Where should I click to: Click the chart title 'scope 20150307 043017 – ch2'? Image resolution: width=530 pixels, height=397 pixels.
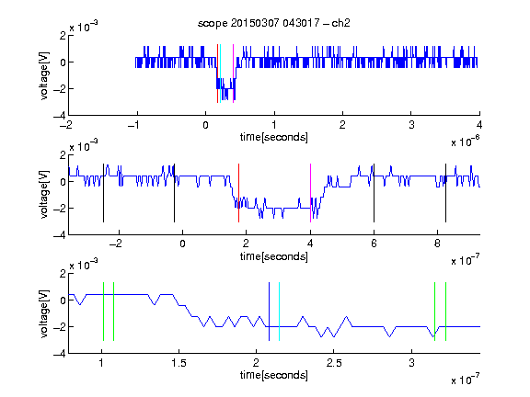pyautogui.click(x=274, y=23)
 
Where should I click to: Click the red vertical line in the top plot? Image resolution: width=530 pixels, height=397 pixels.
pyautogui.click(x=217, y=74)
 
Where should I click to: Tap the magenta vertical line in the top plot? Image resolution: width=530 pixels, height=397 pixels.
pyautogui.click(x=233, y=74)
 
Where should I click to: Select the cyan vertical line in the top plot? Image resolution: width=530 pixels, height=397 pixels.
pyautogui.click(x=220, y=74)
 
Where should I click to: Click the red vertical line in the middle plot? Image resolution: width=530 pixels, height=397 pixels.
pyautogui.click(x=238, y=193)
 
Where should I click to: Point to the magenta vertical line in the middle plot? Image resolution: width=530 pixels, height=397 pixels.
pyautogui.click(x=310, y=193)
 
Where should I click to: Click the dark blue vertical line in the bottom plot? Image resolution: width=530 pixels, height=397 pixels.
pyautogui.click(x=269, y=312)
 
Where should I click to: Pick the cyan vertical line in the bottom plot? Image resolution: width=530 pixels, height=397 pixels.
pyautogui.click(x=279, y=312)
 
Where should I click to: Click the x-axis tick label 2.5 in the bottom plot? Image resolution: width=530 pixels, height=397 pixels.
pyautogui.click(x=334, y=363)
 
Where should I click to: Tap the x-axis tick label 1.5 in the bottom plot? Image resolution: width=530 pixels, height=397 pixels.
pyautogui.click(x=179, y=363)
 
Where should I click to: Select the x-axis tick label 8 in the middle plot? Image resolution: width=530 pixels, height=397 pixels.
pyautogui.click(x=437, y=244)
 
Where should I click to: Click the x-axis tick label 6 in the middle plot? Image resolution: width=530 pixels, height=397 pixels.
pyautogui.click(x=374, y=244)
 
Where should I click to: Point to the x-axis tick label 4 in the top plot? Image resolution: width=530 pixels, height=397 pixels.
pyautogui.click(x=479, y=125)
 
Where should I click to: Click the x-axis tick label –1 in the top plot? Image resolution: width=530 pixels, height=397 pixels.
pyautogui.click(x=133, y=125)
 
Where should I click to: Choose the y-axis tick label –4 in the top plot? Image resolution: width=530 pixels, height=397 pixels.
pyautogui.click(x=60, y=116)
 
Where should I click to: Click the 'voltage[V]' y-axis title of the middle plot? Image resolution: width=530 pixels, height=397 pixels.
pyautogui.click(x=44, y=194)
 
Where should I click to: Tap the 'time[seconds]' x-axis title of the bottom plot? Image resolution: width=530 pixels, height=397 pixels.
pyautogui.click(x=274, y=375)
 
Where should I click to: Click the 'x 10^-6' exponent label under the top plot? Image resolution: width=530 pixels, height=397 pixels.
pyautogui.click(x=466, y=141)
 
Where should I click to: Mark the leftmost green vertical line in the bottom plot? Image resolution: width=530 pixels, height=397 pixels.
pyautogui.click(x=103, y=312)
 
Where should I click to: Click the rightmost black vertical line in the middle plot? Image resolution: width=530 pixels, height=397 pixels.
pyautogui.click(x=445, y=193)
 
